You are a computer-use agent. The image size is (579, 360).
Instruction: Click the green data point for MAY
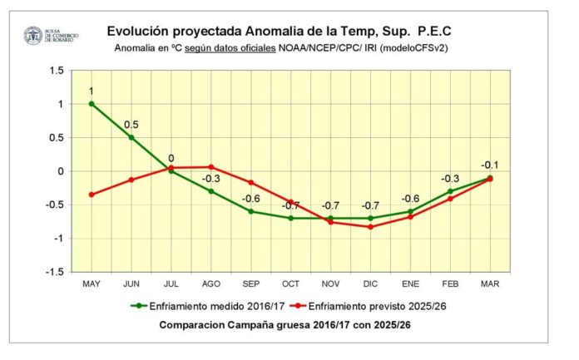click(92, 104)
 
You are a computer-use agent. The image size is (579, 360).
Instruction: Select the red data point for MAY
click(92, 195)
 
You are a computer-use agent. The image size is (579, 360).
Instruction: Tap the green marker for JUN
click(131, 137)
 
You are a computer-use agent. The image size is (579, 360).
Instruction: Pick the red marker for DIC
click(370, 227)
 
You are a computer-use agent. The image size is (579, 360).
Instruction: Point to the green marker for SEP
click(250, 211)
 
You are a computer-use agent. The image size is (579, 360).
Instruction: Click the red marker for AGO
click(211, 167)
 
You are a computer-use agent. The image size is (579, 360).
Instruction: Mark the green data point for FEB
click(450, 191)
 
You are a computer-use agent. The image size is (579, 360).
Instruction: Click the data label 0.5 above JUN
click(131, 125)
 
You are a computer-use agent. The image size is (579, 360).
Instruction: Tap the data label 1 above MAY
click(92, 91)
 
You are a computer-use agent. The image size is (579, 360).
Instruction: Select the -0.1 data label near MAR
click(489, 165)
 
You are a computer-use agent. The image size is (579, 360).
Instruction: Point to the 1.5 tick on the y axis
click(56, 71)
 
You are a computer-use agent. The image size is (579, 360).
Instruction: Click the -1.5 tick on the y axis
click(54, 272)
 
